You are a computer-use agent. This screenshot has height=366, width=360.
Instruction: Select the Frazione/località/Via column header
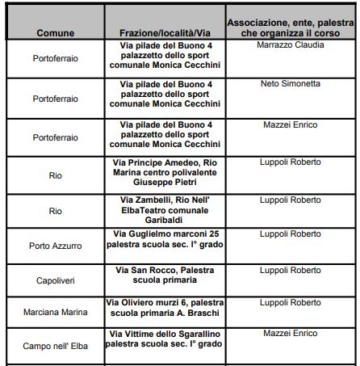coord(165,34)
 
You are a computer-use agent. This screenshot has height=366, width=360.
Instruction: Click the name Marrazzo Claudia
coord(290,45)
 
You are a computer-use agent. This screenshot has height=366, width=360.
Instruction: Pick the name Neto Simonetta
coord(290,83)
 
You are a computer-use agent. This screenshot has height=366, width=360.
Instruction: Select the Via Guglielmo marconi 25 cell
coord(165,239)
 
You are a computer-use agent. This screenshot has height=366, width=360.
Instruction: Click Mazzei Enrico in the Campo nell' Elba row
coord(290,333)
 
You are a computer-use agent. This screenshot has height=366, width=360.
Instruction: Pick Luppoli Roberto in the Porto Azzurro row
coord(290,233)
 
